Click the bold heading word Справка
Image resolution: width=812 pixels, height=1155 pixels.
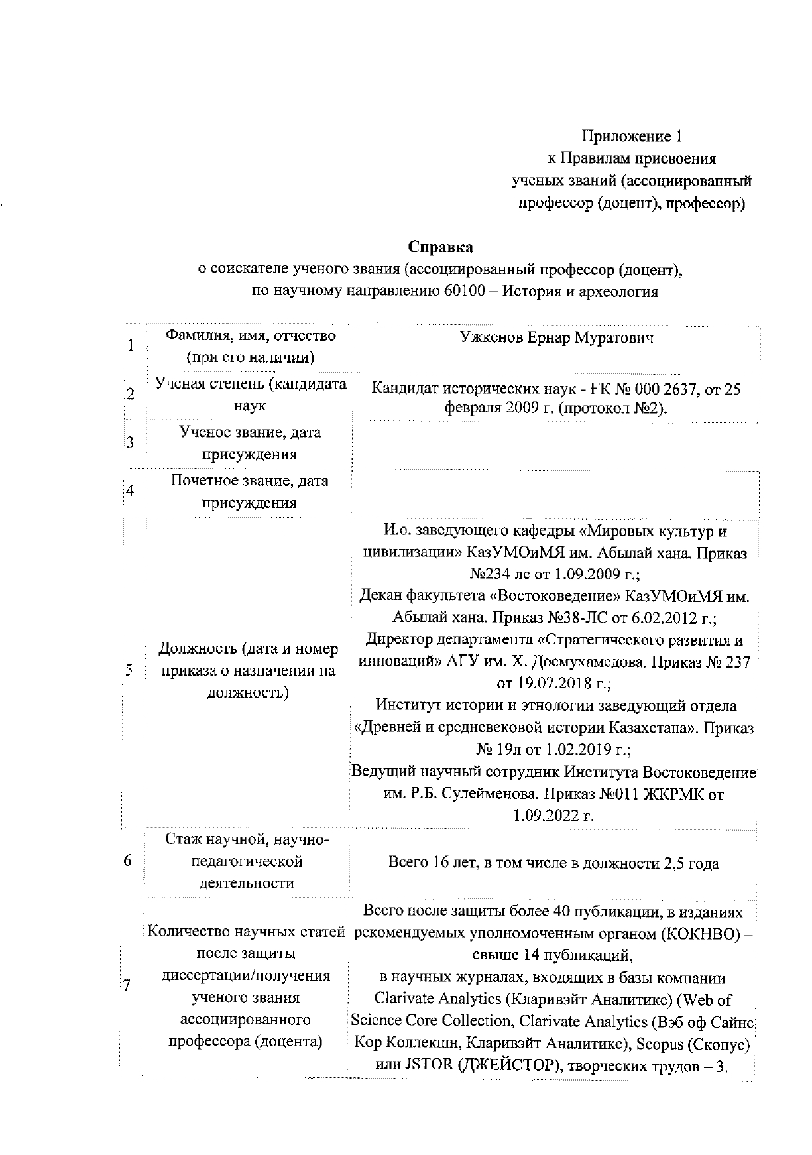440,247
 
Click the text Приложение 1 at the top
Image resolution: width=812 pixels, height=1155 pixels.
632,137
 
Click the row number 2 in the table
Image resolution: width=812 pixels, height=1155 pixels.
131,394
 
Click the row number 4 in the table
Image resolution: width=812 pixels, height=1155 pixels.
130,491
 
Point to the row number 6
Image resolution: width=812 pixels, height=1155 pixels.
127,861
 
